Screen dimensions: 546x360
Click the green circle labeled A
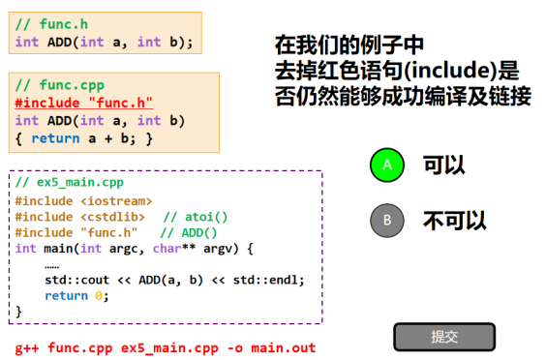click(x=387, y=165)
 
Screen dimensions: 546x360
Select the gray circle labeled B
click(x=387, y=221)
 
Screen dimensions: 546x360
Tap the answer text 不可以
click(x=454, y=221)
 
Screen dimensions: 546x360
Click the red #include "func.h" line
click(x=83, y=103)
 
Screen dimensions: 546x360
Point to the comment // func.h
click(x=51, y=24)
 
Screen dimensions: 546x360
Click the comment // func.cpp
click(x=60, y=85)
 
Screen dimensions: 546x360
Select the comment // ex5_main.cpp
click(x=70, y=183)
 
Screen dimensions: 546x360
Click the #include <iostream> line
click(x=83, y=201)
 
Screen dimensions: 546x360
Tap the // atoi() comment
click(x=196, y=217)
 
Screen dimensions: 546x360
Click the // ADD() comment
click(x=189, y=232)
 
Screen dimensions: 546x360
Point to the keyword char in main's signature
click(x=167, y=249)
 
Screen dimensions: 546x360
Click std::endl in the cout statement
click(x=265, y=280)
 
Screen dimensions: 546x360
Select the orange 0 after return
click(x=99, y=296)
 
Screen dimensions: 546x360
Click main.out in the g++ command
click(x=284, y=347)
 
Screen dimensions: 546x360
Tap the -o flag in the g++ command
click(x=235, y=347)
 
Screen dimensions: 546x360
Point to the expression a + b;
click(x=111, y=138)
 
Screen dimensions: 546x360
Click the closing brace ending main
click(x=18, y=312)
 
